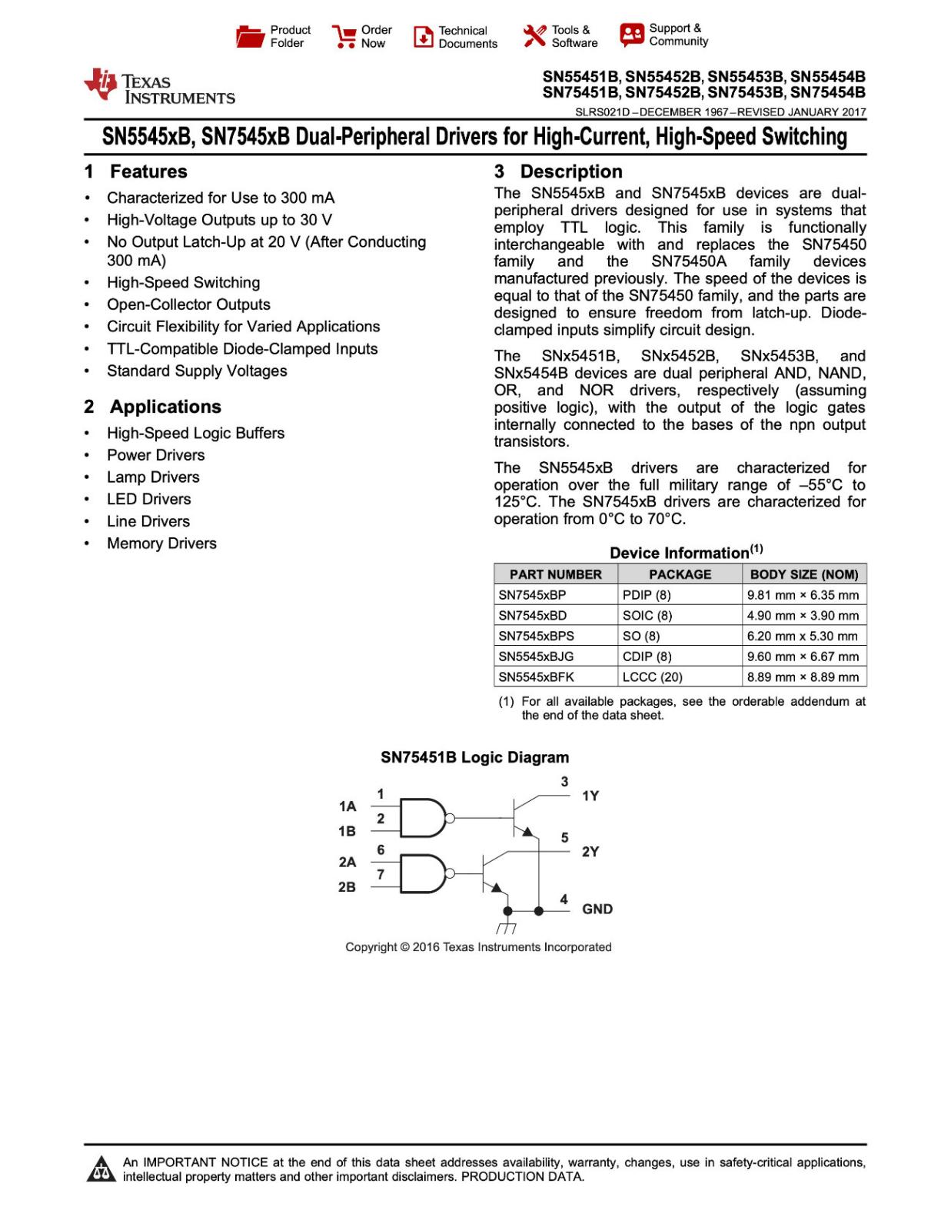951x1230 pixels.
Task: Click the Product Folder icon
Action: coord(250,36)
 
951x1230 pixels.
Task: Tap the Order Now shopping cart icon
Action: coord(343,36)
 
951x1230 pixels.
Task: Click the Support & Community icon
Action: coord(631,35)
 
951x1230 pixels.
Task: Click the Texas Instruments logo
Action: coord(160,86)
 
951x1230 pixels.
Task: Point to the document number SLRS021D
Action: coord(602,112)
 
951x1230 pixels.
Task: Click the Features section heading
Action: coord(148,171)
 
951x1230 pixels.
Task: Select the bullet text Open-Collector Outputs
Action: coord(188,304)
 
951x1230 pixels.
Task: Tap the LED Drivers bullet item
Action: coord(148,499)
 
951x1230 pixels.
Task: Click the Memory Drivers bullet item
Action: coord(161,544)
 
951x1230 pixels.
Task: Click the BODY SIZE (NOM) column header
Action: coord(803,574)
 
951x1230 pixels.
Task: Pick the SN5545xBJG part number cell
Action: coord(536,657)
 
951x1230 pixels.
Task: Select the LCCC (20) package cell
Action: coord(652,677)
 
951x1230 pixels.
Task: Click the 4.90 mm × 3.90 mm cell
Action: coord(803,616)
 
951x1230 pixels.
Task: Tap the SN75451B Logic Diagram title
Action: coord(474,757)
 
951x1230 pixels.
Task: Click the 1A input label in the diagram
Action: coord(347,806)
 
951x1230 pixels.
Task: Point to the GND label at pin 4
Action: coord(597,909)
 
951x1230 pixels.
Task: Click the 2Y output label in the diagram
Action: coord(590,852)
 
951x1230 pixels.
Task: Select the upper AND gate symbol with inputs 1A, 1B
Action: coord(422,818)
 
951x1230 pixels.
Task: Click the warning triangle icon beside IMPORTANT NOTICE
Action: coord(101,1169)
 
